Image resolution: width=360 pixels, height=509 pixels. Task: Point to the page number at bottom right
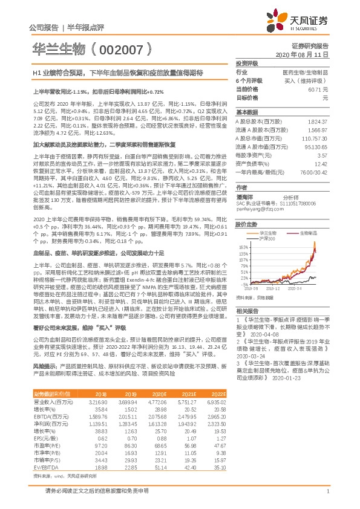tap(327, 491)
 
